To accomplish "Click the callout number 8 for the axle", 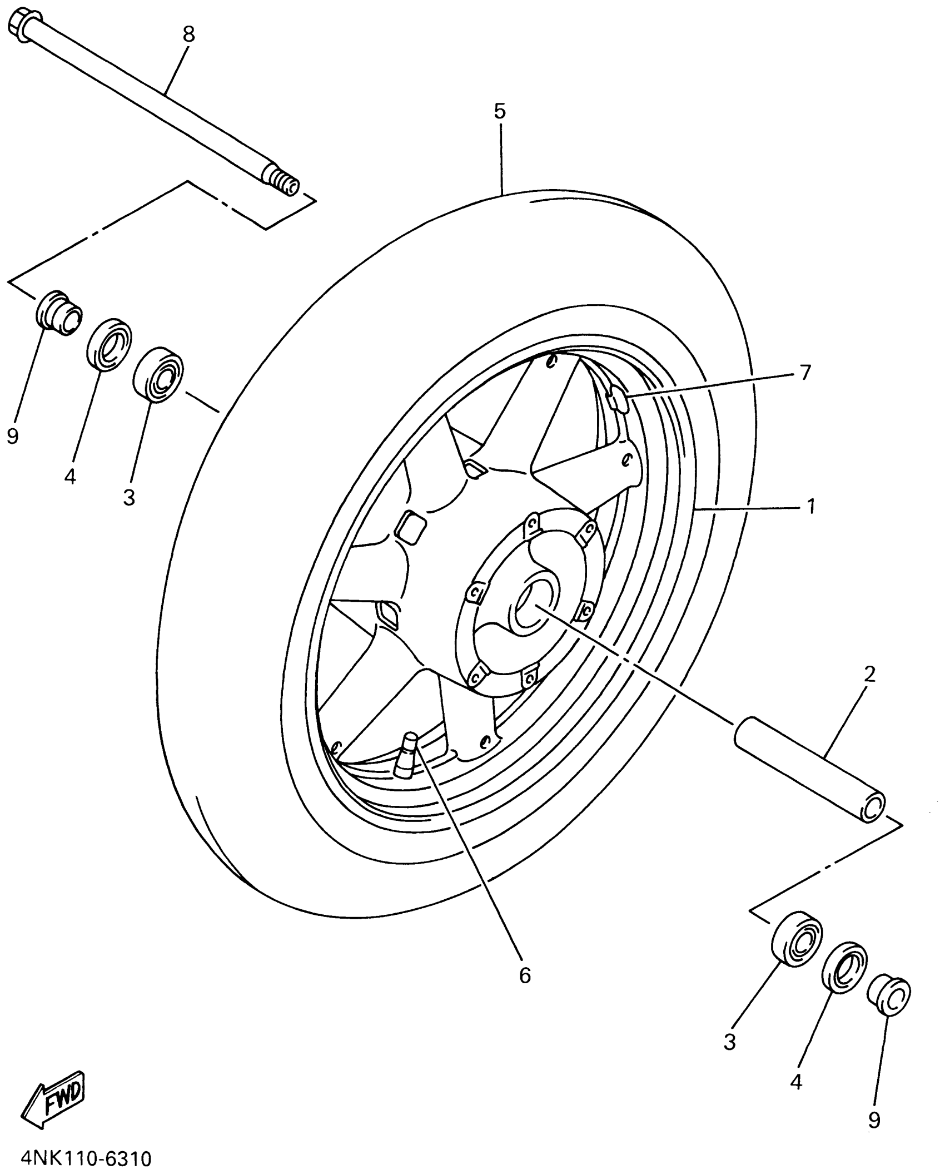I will [x=189, y=34].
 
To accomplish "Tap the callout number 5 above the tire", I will [x=500, y=111].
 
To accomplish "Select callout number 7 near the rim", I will [x=805, y=371].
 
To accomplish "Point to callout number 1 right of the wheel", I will [x=811, y=506].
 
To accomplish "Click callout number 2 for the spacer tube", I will [x=870, y=675].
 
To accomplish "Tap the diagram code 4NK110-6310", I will [x=86, y=1159].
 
